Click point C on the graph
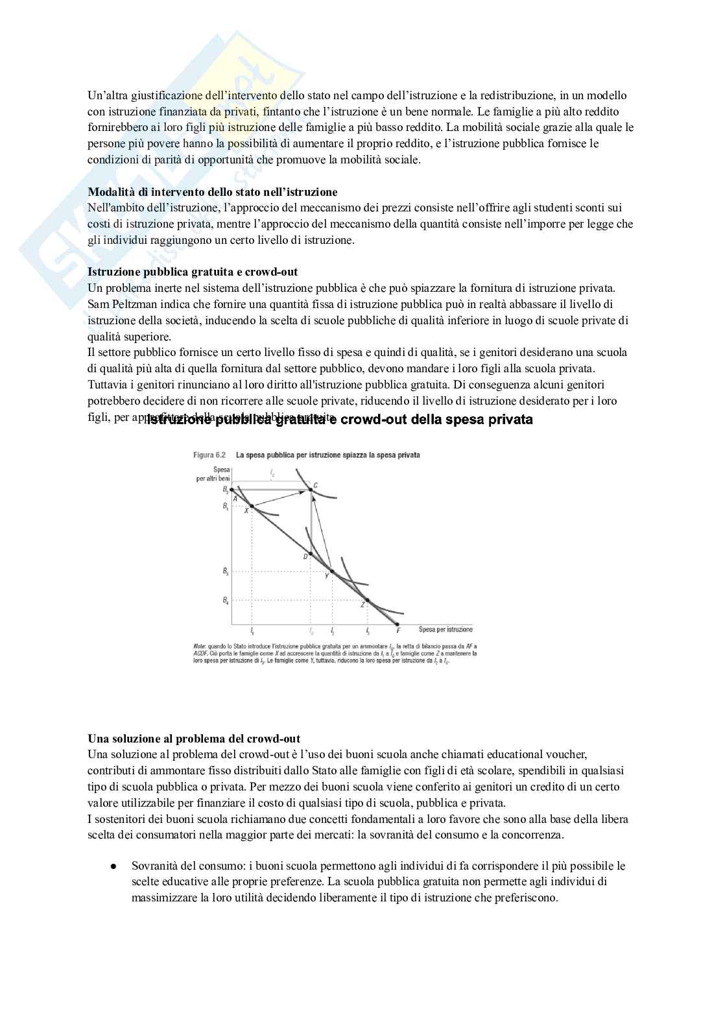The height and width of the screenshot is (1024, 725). click(311, 490)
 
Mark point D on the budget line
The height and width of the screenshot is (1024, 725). click(311, 553)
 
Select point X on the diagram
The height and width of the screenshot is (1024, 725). click(252, 506)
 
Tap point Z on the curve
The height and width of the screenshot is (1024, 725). click(367, 601)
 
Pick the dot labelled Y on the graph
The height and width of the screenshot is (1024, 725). click(332, 571)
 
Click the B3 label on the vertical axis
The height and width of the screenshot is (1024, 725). click(225, 571)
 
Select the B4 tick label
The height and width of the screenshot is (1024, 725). click(225, 601)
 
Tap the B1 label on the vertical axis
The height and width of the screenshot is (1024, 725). click(225, 505)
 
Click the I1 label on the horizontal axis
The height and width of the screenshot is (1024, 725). click(252, 630)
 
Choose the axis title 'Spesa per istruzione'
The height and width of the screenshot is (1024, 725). click(446, 629)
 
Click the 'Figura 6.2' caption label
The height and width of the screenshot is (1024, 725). click(209, 455)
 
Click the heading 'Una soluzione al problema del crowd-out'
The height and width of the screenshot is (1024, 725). click(194, 739)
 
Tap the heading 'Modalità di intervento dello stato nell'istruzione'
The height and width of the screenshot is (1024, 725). click(212, 192)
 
